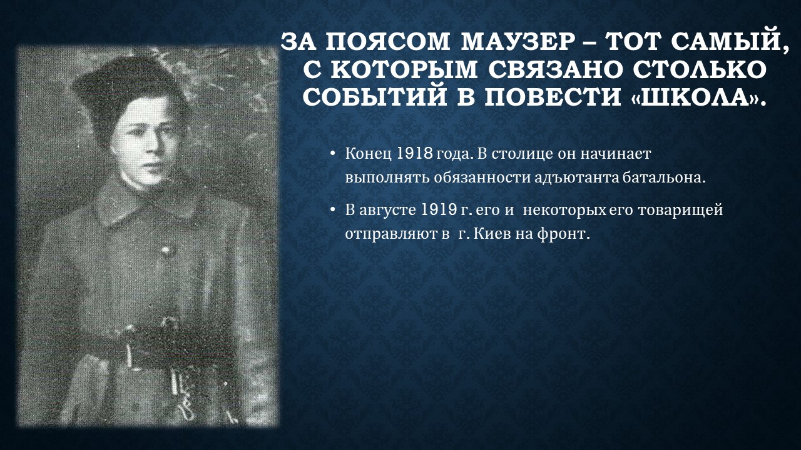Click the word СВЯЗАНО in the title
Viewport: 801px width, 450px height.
(x=553, y=69)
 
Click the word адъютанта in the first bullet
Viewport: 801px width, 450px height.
(x=576, y=178)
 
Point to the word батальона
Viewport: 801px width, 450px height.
(x=663, y=178)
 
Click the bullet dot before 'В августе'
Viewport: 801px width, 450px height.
(x=332, y=209)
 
